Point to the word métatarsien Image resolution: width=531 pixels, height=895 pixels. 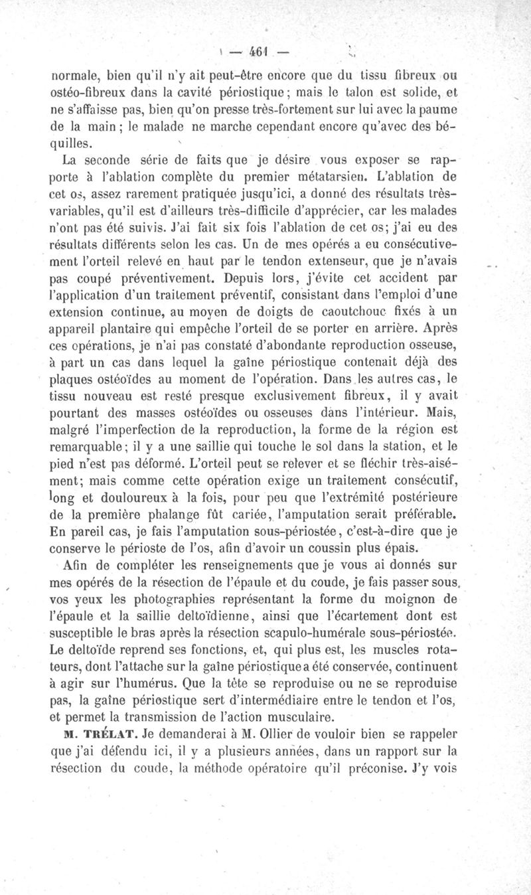coord(323,195)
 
